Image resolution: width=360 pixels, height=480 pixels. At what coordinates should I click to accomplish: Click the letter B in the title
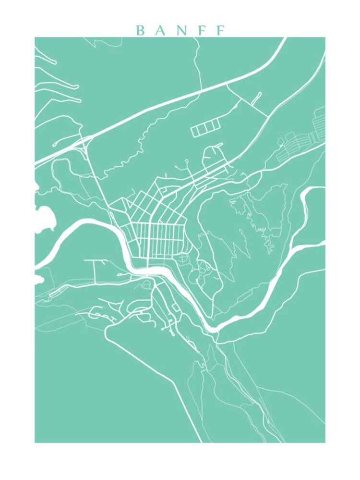pos(141,31)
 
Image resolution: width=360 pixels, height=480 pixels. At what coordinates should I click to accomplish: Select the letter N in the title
pos(180,31)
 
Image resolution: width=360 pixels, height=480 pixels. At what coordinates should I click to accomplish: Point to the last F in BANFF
pos(220,31)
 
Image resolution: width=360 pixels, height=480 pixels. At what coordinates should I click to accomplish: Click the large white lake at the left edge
pos(44,219)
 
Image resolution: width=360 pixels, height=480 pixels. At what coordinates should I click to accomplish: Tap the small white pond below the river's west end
pos(38,278)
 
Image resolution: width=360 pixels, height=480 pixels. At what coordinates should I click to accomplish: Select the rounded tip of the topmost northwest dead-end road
pos(55,62)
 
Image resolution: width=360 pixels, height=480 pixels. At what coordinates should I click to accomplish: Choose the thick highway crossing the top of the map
pos(192,91)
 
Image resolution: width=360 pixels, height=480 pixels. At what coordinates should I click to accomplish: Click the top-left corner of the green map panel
pos(35,37)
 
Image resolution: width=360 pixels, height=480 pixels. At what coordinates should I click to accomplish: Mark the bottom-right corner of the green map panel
pos(325,442)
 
